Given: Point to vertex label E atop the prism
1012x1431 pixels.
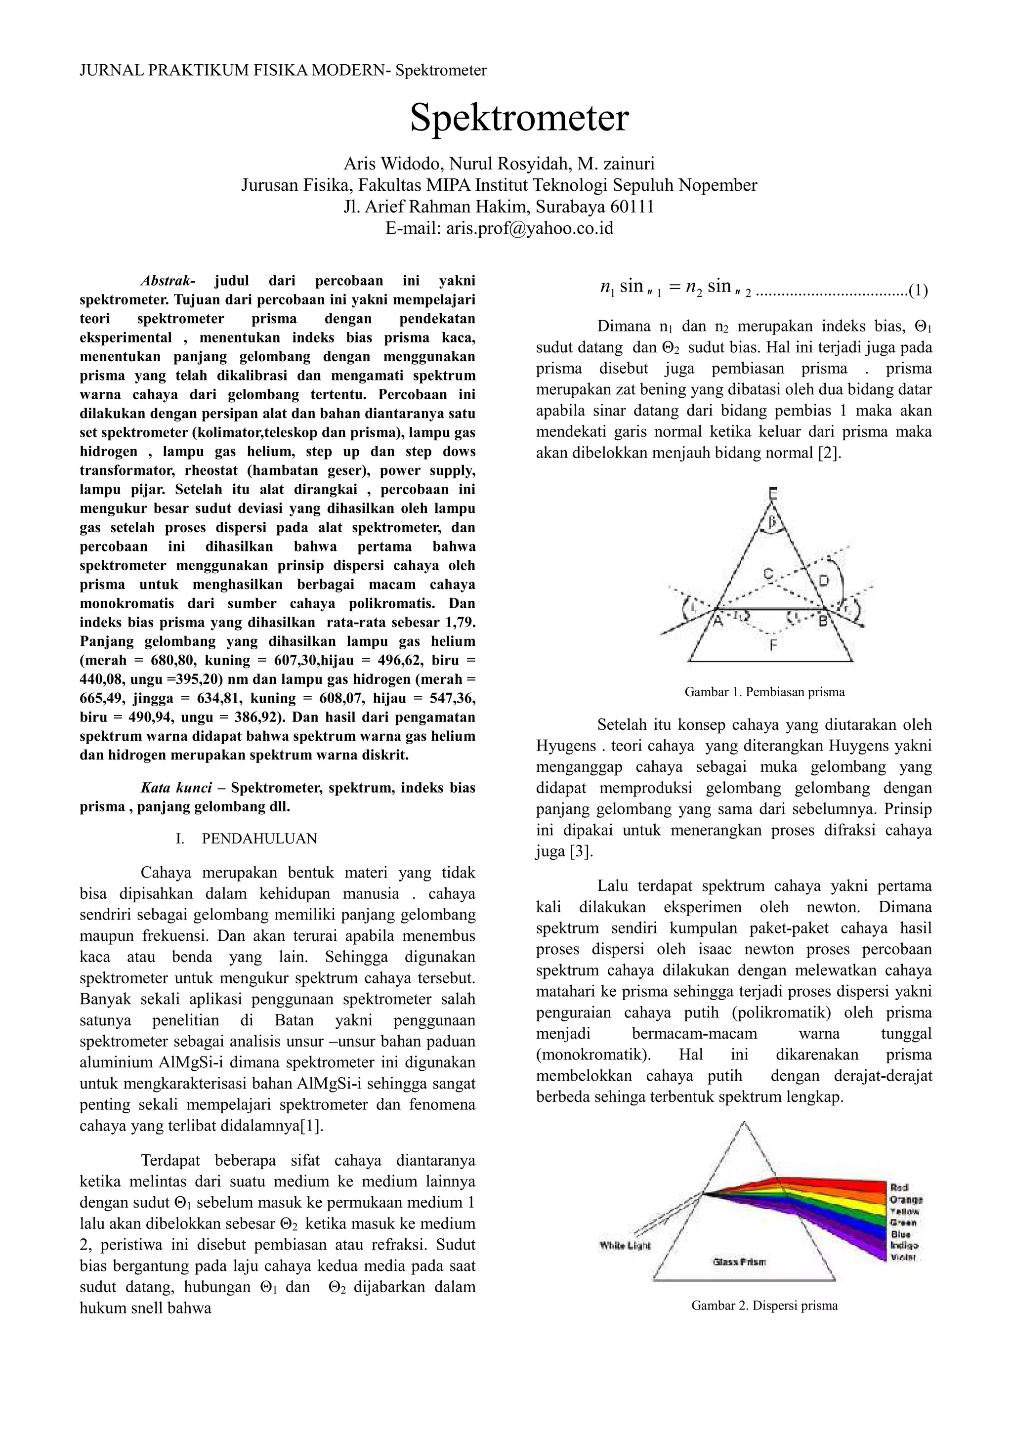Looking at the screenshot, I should pyautogui.click(x=773, y=494).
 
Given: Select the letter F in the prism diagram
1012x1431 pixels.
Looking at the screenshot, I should pyautogui.click(x=773, y=645).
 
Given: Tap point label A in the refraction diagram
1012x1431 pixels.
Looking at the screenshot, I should pyautogui.click(x=717, y=621).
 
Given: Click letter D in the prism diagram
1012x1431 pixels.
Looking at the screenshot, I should pyautogui.click(x=824, y=581).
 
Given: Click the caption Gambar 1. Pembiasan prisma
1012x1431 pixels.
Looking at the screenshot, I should pyautogui.click(x=764, y=692).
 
